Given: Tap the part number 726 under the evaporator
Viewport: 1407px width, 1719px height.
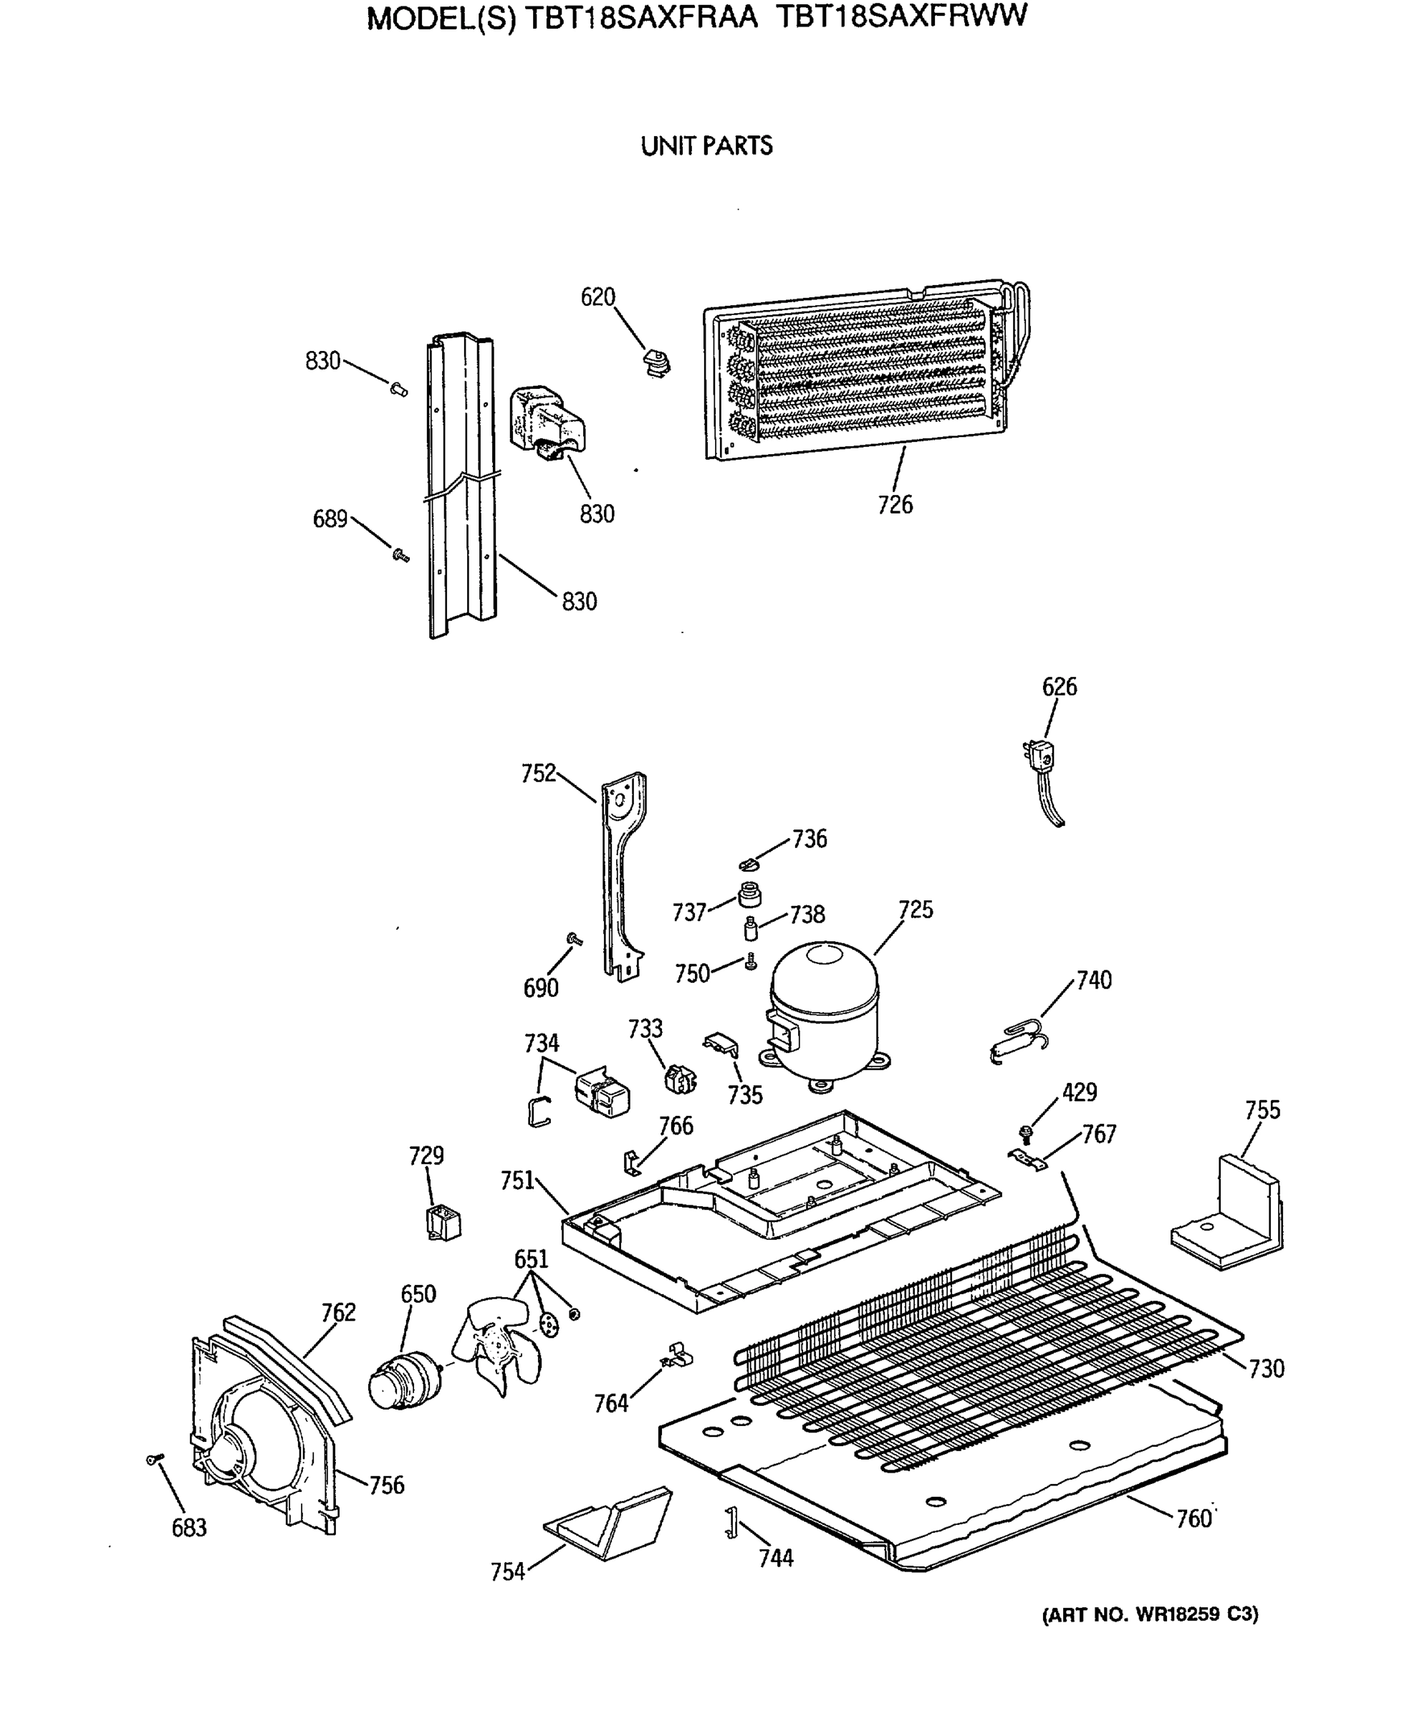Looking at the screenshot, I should [x=895, y=504].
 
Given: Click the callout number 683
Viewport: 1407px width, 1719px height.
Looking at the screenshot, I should [x=189, y=1527].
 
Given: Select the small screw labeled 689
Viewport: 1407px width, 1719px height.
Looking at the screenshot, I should [x=400, y=554].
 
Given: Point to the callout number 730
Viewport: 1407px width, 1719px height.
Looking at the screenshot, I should [x=1266, y=1368].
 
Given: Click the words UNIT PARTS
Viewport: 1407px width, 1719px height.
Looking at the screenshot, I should [x=706, y=147].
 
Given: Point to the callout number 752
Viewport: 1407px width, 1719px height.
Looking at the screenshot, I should [x=538, y=773].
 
